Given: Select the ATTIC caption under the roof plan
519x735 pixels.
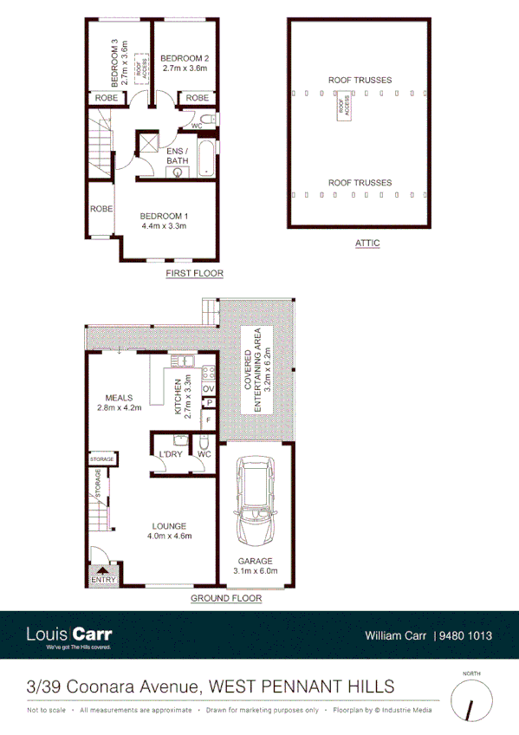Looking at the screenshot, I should tap(367, 244).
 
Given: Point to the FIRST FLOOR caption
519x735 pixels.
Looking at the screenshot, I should tap(195, 274).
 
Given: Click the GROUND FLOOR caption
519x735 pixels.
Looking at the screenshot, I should tap(225, 598).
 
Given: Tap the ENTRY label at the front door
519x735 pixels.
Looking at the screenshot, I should tap(103, 580).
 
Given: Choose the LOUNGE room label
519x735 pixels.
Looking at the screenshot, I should tap(169, 525).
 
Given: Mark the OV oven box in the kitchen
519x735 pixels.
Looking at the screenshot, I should tap(208, 388).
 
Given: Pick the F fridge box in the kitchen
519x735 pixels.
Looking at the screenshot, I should tap(207, 421).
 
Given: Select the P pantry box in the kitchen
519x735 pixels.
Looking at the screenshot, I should tap(208, 403).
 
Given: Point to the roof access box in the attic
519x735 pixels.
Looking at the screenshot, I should tap(344, 108).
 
